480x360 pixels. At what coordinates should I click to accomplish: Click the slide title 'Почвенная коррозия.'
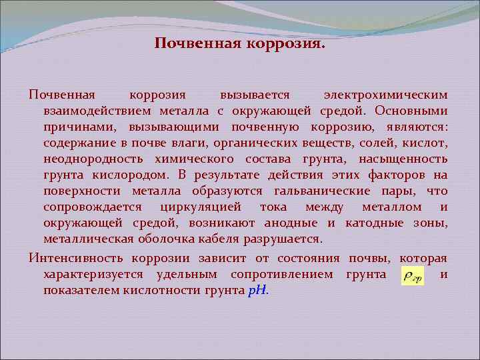click(240, 44)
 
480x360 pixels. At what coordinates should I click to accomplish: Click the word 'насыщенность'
click(403, 159)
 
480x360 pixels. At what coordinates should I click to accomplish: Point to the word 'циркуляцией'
click(211, 207)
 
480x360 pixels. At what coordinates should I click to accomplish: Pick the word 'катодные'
click(370, 223)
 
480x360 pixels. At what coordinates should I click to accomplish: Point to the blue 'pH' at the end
click(256, 291)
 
